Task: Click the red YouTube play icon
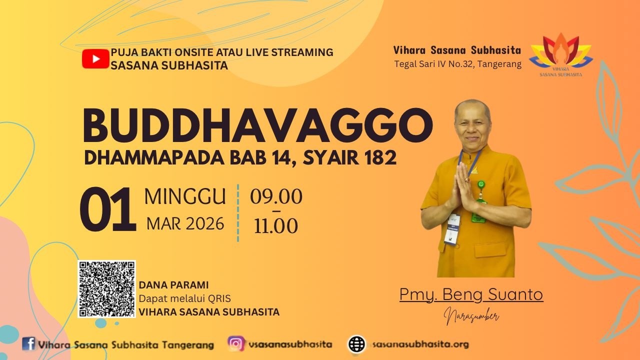(x=95, y=59)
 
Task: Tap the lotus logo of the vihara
(x=561, y=55)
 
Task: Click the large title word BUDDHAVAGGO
(x=257, y=125)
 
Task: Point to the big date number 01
(x=107, y=209)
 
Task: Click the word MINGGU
(x=185, y=196)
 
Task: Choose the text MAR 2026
(x=185, y=223)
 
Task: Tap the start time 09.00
(x=276, y=196)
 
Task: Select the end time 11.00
(x=276, y=225)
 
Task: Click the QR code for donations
(x=106, y=289)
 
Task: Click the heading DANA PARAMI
(x=173, y=285)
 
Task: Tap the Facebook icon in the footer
(x=29, y=343)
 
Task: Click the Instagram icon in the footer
(x=236, y=343)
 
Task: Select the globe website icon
(x=356, y=344)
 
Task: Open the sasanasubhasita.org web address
(x=420, y=344)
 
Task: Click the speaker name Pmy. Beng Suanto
(x=471, y=294)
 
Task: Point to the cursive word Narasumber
(x=471, y=315)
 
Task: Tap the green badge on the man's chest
(x=481, y=184)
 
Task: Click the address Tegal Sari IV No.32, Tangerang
(x=457, y=64)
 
